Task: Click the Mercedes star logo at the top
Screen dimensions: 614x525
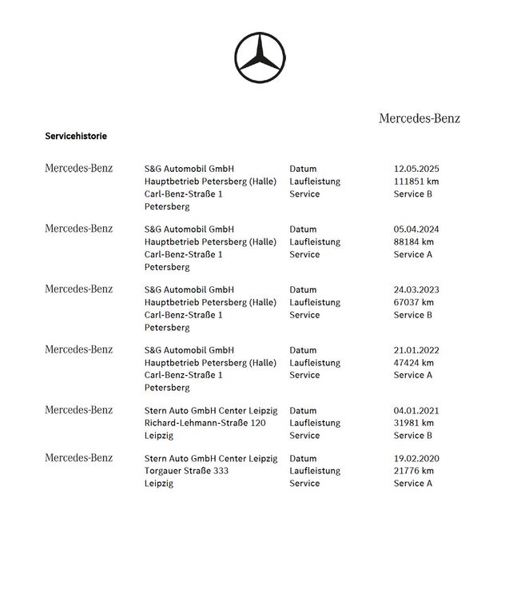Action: coord(260,57)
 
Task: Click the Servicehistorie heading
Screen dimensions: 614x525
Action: coord(76,136)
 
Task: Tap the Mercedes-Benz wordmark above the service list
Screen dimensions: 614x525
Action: coord(419,118)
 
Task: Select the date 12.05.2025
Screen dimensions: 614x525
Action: coord(416,169)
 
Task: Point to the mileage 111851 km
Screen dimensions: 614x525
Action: coord(416,181)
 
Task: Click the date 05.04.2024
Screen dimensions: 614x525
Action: coord(416,229)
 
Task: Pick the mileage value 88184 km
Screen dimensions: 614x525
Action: coord(414,241)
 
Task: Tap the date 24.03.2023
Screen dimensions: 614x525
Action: coord(416,289)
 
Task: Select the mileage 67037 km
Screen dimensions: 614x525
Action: coord(414,302)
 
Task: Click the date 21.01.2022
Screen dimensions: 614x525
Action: coord(416,350)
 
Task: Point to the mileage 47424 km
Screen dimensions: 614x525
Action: coord(414,362)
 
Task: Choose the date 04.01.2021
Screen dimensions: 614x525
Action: coord(416,411)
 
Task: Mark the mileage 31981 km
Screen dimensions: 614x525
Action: coord(414,423)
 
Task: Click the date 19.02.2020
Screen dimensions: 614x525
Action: coord(416,459)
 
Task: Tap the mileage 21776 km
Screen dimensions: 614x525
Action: coord(414,471)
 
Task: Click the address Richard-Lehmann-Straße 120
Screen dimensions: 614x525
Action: coord(205,423)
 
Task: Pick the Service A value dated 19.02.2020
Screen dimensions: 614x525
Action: coord(413,484)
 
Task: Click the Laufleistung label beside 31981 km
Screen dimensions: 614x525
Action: coord(315,423)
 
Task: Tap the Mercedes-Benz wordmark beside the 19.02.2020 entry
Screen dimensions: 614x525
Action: coord(78,458)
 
